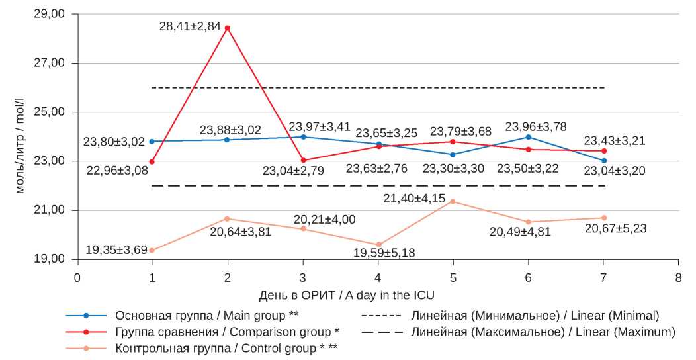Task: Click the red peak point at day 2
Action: pos(228,28)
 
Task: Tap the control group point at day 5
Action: pos(453,201)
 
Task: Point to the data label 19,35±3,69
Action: pos(116,251)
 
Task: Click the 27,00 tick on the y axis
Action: pos(50,64)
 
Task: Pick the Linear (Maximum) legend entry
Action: pos(543,331)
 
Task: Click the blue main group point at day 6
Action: pos(528,137)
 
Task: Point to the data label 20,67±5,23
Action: pos(615,229)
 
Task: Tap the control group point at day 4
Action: pos(378,245)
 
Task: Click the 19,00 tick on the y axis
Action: pos(50,259)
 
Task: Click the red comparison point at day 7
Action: pos(604,151)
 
